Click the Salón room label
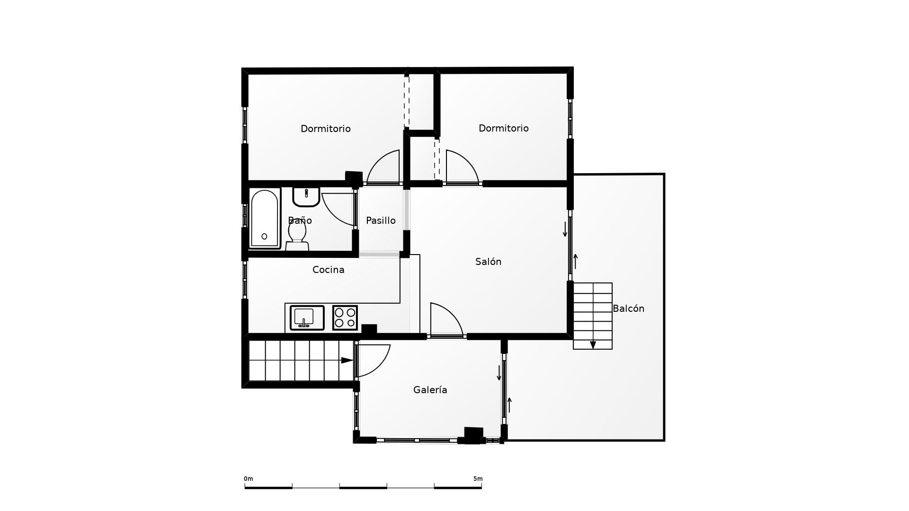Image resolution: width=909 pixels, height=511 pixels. tap(488, 262)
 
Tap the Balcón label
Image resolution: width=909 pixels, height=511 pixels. tap(628, 308)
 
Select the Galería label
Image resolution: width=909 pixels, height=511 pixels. tap(430, 390)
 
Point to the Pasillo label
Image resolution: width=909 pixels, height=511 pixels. tap(381, 220)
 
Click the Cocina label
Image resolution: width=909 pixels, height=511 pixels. tap(328, 270)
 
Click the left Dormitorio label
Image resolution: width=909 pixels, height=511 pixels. tap(325, 129)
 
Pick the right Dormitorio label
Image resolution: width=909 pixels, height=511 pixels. tap(503, 128)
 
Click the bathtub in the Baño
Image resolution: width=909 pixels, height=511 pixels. tap(264, 219)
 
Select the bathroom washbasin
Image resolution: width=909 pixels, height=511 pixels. tap(306, 196)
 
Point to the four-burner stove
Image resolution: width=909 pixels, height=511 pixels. tap(345, 317)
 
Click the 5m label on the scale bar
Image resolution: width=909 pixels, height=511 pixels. tap(478, 479)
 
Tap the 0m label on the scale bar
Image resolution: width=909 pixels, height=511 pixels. tap(249, 479)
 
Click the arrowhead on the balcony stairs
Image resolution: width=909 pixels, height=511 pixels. tap(593, 345)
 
